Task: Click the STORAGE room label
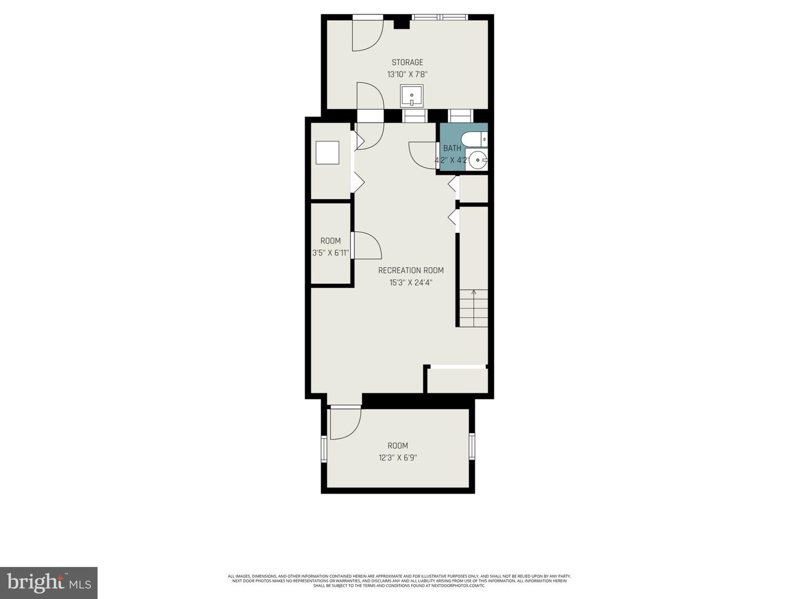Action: pyautogui.click(x=407, y=62)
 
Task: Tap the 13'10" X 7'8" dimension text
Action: pyautogui.click(x=407, y=74)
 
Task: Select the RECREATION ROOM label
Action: pyautogui.click(x=411, y=270)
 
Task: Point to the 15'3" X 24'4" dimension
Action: pyautogui.click(x=411, y=282)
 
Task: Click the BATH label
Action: pyautogui.click(x=452, y=148)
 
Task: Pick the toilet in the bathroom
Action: pyautogui.click(x=475, y=139)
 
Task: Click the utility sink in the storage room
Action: pyautogui.click(x=412, y=96)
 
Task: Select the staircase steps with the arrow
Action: pyautogui.click(x=473, y=308)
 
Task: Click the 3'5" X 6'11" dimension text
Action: pyautogui.click(x=330, y=253)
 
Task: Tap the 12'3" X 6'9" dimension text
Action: pyautogui.click(x=398, y=458)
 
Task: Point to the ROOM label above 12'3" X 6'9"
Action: pyautogui.click(x=398, y=445)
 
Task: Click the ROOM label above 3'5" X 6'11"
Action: pyautogui.click(x=330, y=241)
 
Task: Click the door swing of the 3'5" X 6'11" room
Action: pyautogui.click(x=366, y=246)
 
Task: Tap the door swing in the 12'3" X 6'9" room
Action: pyautogui.click(x=344, y=423)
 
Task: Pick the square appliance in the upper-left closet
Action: pyautogui.click(x=327, y=153)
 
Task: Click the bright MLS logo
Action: pyautogui.click(x=49, y=582)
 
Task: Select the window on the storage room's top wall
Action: pyautogui.click(x=439, y=17)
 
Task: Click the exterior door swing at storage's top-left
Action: pyautogui.click(x=366, y=34)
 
